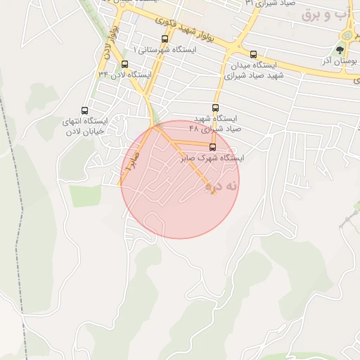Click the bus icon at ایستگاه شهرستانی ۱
165,39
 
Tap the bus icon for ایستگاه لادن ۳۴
124,64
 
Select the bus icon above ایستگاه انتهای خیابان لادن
85,110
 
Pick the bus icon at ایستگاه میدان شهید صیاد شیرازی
253,54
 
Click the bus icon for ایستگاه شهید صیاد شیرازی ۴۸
215,108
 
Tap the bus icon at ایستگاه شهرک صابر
213,146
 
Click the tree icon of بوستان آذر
340,50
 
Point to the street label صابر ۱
130,168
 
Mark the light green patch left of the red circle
85,195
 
